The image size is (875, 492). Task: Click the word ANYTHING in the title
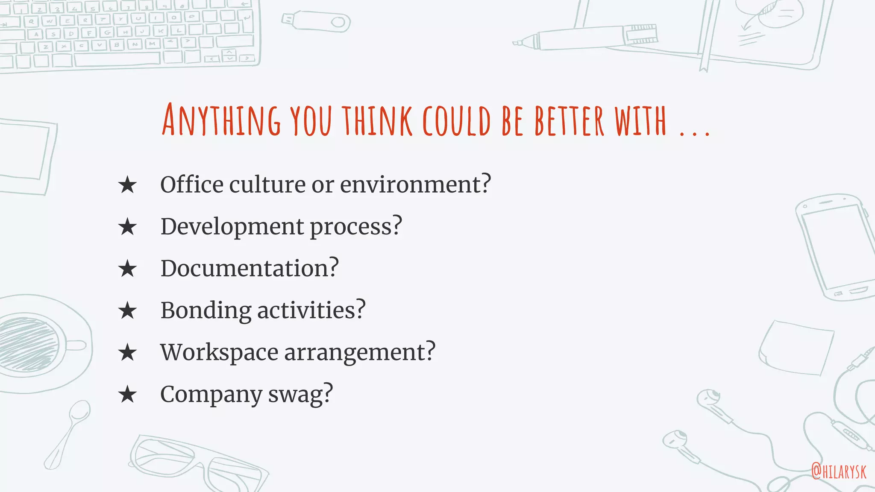pyautogui.click(x=221, y=120)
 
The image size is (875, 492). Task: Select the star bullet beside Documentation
pyautogui.click(x=127, y=269)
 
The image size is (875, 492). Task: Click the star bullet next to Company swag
pyautogui.click(x=127, y=395)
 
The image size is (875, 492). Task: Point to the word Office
pyautogui.click(x=192, y=184)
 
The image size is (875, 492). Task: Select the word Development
pyautogui.click(x=232, y=226)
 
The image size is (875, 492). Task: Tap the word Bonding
pyautogui.click(x=206, y=310)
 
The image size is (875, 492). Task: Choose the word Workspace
pyautogui.click(x=219, y=352)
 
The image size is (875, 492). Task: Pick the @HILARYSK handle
pyautogui.click(x=839, y=471)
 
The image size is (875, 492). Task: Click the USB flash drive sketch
pyautogui.click(x=316, y=21)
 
